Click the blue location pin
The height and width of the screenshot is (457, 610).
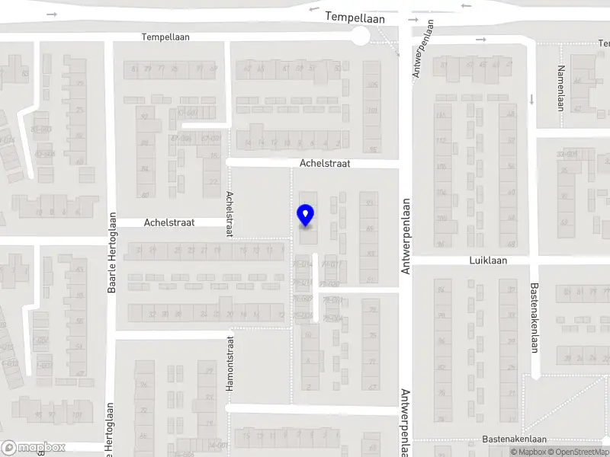306,216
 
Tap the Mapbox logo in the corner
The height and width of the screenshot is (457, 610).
34,448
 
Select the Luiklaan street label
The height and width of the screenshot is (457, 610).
487,260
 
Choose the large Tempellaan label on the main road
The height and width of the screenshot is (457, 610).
355,16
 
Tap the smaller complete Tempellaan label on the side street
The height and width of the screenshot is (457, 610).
165,37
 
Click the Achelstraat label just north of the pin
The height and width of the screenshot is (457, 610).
325,163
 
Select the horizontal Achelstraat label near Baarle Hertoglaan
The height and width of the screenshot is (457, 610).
169,222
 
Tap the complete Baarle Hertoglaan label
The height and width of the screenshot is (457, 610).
112,252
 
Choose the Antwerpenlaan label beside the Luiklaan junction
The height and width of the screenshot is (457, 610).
406,236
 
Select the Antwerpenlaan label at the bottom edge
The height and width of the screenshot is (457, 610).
405,423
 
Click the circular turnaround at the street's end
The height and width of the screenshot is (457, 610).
359,37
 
